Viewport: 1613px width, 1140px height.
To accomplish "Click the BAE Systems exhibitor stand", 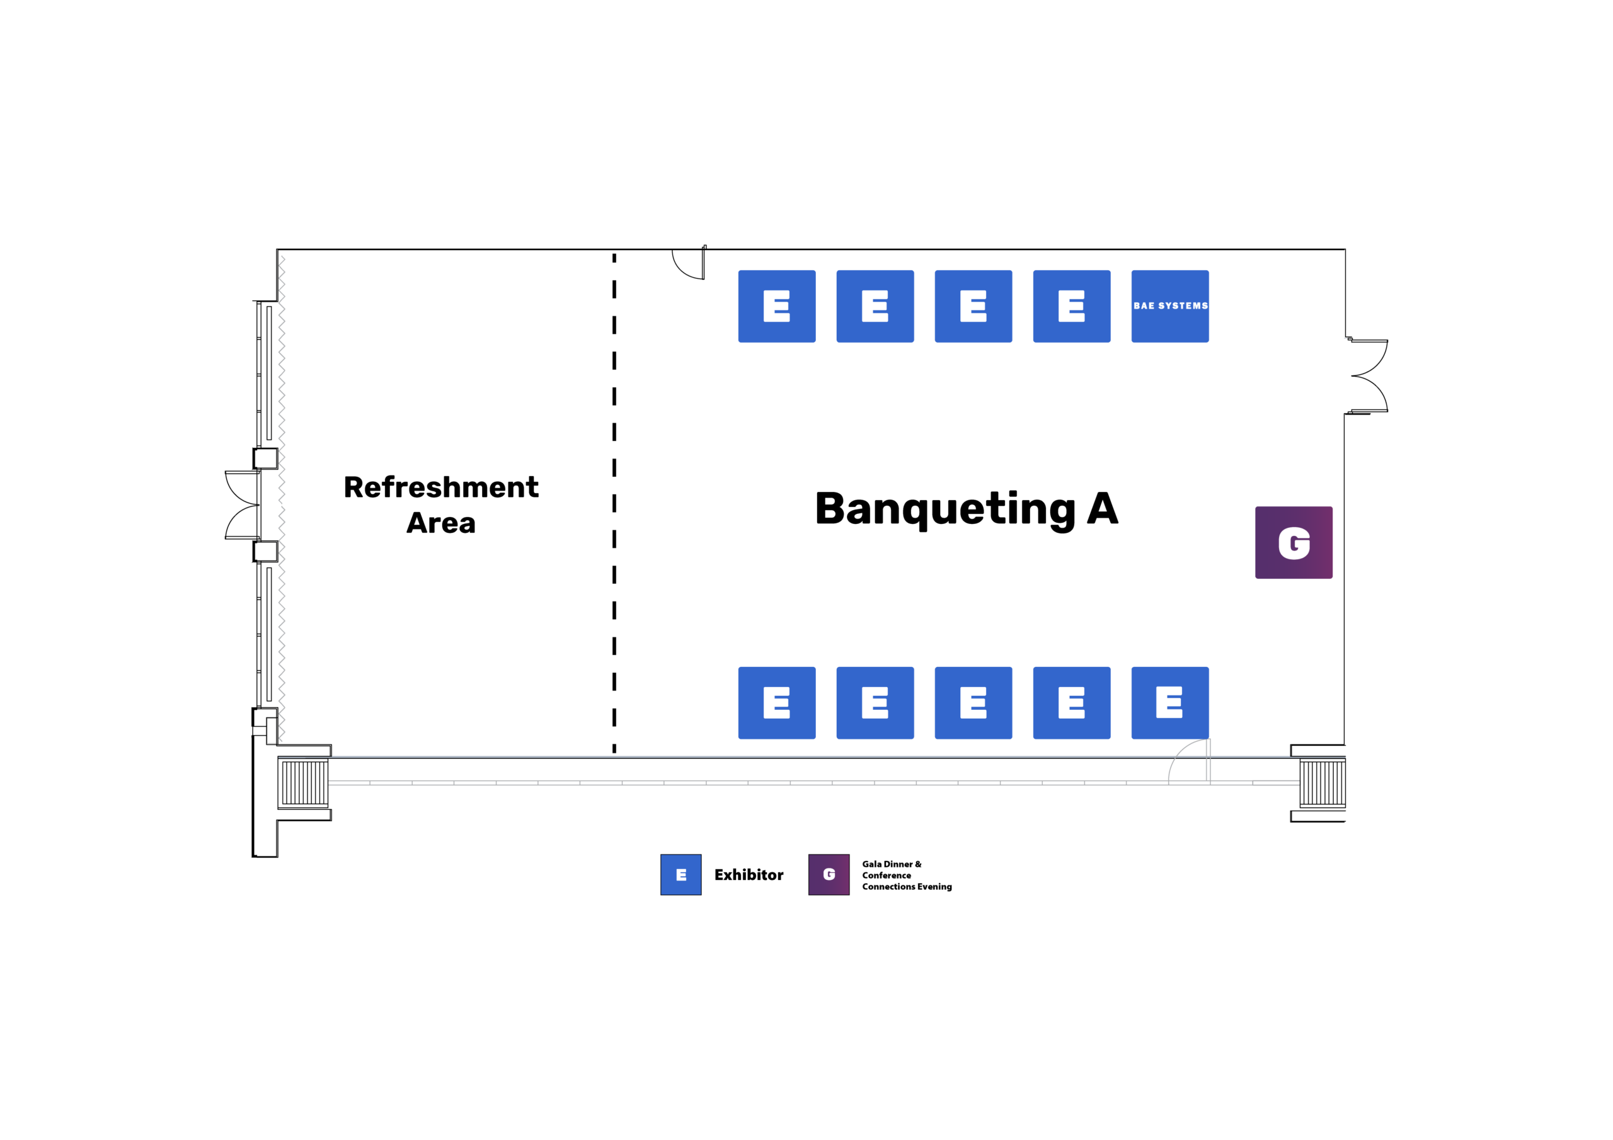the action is point(1169,306).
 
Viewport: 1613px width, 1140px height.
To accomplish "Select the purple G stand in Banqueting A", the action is point(1294,542).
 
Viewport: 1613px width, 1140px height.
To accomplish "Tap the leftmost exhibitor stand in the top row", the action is point(776,306).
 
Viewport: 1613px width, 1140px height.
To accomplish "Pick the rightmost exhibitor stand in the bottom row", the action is point(1169,702).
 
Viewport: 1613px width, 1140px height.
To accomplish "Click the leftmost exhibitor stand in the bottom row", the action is point(776,702).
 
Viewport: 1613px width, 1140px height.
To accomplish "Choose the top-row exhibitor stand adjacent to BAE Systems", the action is point(1071,306).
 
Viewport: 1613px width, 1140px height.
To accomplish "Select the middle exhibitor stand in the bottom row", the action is point(973,702).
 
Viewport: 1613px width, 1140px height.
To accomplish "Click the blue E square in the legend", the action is point(680,874).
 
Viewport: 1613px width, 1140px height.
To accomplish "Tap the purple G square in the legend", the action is point(829,874).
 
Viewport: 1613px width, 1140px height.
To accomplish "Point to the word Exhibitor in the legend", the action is point(749,874).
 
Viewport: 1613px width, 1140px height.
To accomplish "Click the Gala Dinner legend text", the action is point(907,875).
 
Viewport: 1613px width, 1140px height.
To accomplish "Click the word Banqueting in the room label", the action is point(945,510).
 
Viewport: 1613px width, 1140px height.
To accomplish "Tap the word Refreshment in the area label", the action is point(441,487).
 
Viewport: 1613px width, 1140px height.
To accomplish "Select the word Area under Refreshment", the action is point(441,523).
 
